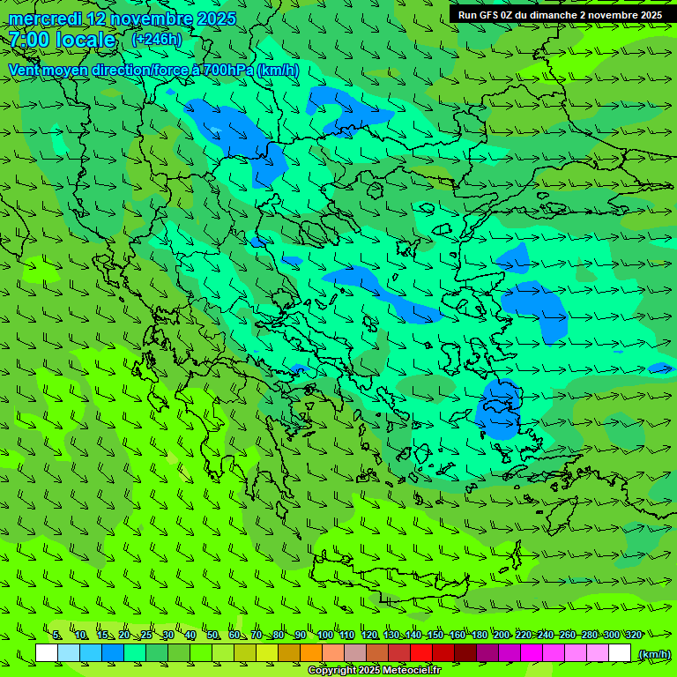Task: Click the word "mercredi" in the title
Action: click(44, 19)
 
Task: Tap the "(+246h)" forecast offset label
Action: click(157, 39)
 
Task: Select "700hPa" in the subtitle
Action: click(227, 70)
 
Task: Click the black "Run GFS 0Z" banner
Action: click(562, 14)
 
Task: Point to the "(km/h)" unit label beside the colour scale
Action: click(653, 653)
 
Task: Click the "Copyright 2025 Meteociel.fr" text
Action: click(374, 671)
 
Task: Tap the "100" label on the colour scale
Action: click(325, 635)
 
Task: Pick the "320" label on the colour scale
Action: click(633, 635)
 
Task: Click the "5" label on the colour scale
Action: click(57, 635)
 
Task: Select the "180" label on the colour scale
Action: click(479, 635)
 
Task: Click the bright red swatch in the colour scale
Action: click(421, 652)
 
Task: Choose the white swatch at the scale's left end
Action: click(47, 652)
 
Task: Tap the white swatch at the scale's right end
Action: click(620, 652)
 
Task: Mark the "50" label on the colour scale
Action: click(212, 635)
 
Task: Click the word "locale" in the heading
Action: click(86, 40)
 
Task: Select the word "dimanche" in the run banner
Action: click(552, 14)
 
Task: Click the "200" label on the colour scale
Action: click(502, 635)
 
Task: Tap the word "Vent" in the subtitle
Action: click(25, 70)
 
